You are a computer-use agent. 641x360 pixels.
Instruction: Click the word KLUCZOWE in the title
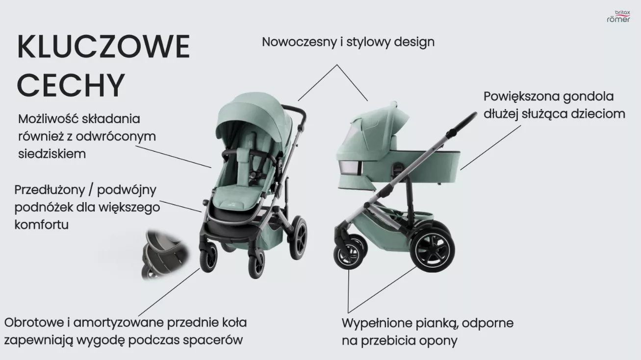pos(103,48)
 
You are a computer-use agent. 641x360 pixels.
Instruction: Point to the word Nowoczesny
pos(299,42)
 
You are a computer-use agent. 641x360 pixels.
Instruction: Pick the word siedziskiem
pos(52,154)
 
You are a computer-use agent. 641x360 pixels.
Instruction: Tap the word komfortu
pos(41,225)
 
